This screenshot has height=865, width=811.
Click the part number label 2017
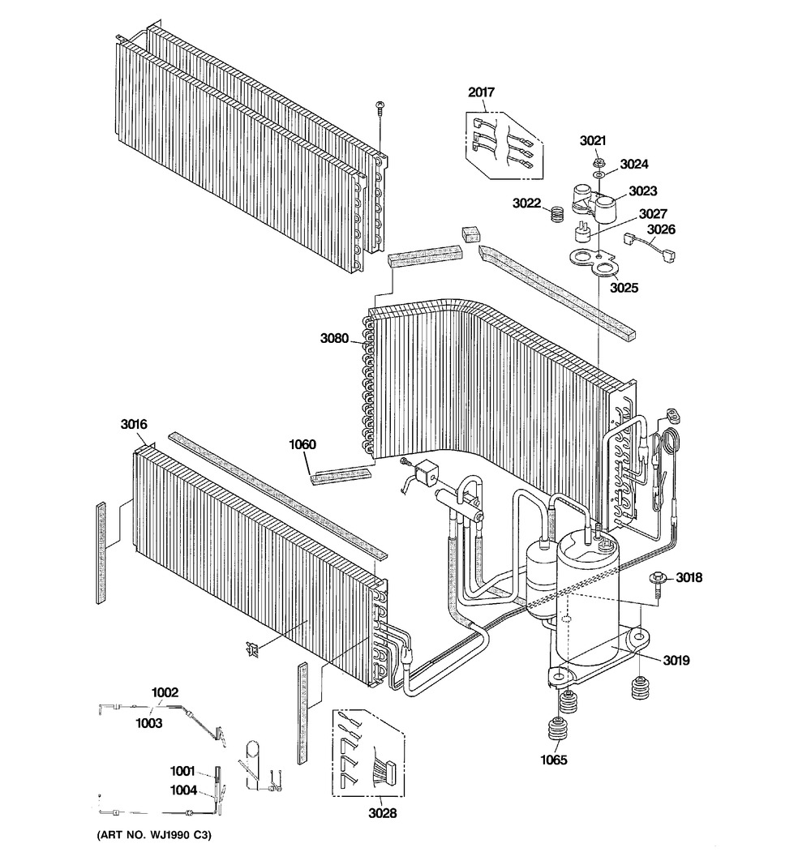coord(481,92)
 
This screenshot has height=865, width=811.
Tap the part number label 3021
coord(593,140)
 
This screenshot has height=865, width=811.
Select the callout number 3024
coord(634,164)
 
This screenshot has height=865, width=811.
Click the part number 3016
coord(134,423)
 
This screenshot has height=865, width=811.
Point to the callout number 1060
coord(303,444)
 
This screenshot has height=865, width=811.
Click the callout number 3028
coord(382,813)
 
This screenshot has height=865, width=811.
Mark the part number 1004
coord(183,790)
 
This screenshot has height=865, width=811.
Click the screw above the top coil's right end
coord(380,107)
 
